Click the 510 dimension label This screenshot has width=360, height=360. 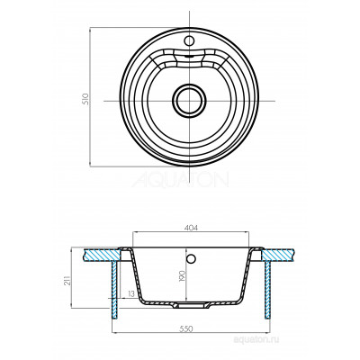point(86,99)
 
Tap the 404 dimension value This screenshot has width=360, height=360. point(191,228)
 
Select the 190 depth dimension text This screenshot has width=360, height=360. point(182,276)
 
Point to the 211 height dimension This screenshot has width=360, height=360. point(67,280)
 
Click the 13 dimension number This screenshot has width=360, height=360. point(130,294)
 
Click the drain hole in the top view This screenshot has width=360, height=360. point(189,101)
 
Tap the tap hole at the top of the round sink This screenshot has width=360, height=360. point(189,40)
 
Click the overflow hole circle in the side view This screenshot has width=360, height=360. point(191,258)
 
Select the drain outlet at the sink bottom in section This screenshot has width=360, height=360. point(190,305)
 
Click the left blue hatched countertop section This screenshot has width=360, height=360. point(102,255)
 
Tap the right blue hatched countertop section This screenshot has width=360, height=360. point(276,255)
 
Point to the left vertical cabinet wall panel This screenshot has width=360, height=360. point(115,290)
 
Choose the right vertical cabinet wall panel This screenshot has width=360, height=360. point(267,290)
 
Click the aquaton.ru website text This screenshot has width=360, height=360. point(256,339)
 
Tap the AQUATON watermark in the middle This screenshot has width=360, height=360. point(180,180)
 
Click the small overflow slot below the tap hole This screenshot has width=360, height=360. point(189,56)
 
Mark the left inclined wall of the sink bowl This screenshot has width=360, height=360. point(137,274)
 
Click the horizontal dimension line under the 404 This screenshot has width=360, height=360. point(191,232)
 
